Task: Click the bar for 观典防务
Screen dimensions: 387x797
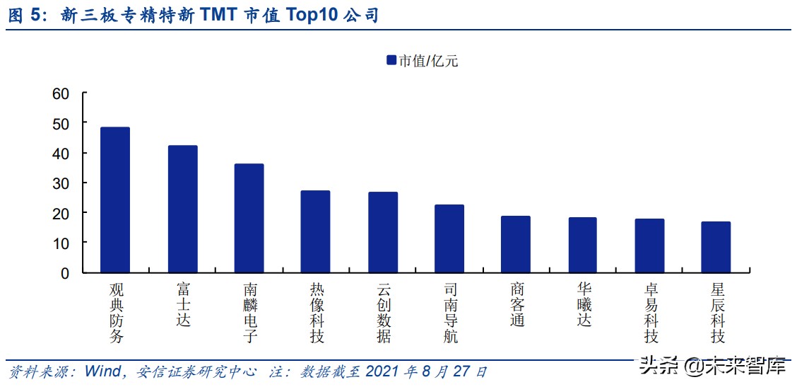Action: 115,200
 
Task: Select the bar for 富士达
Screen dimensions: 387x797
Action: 182,209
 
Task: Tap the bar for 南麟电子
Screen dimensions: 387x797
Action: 249,219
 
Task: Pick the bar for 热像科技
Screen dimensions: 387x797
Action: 315,232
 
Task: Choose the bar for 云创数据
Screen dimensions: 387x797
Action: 383,233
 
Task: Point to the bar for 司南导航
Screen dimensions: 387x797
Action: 449,239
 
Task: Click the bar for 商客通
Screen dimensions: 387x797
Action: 516,245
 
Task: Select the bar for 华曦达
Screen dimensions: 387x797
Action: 582,246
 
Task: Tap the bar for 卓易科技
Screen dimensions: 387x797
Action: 649,246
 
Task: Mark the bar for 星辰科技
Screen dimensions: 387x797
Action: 716,248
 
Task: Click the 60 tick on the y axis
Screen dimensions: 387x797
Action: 61,94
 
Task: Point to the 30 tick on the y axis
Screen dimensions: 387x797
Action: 61,183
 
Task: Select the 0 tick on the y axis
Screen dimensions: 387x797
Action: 65,273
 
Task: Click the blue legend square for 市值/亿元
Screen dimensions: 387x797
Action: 391,61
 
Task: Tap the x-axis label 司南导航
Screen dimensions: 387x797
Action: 450,313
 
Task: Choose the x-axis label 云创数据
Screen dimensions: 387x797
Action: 383,313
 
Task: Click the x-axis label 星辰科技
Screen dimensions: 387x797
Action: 717,313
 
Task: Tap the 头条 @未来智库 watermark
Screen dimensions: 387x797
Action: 712,366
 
